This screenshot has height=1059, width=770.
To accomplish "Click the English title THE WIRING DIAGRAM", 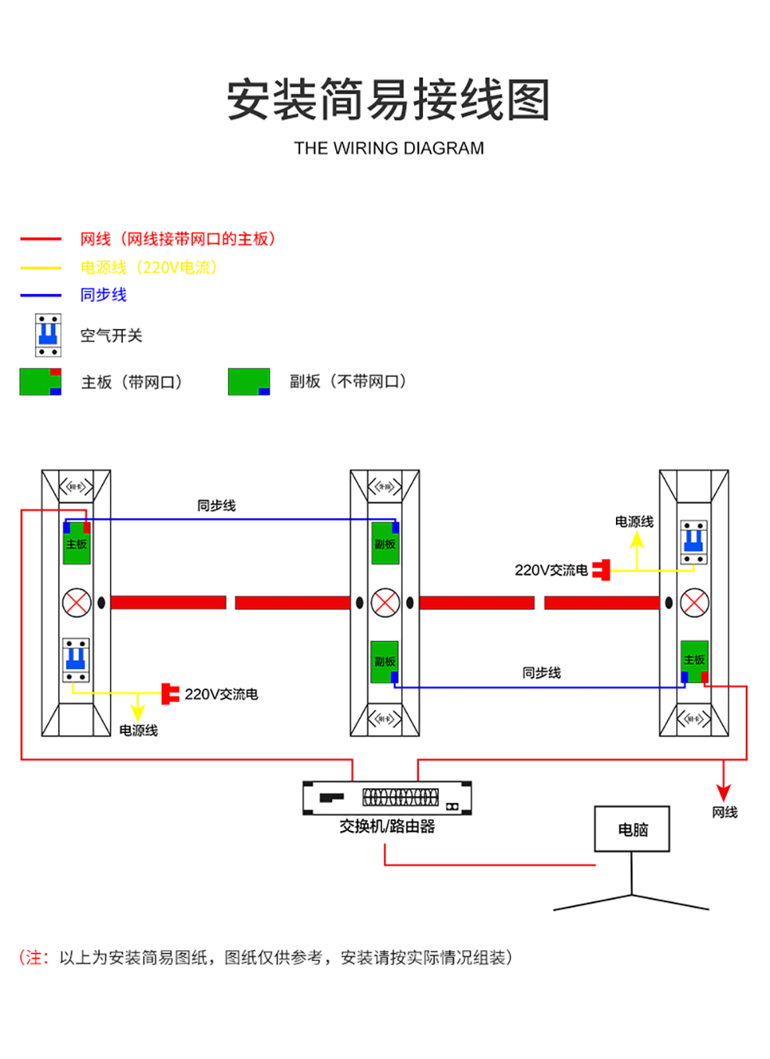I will point(389,148).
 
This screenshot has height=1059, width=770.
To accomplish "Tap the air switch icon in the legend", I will point(48,335).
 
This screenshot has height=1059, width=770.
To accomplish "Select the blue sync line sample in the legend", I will point(40,295).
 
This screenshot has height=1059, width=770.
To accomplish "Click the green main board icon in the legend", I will point(40,381).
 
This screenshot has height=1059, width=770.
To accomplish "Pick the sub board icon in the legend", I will point(249,381).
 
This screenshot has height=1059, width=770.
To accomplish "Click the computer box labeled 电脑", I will point(632,829).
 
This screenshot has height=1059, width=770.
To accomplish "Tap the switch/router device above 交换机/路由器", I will point(387,798).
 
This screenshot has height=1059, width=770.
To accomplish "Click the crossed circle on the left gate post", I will point(76,602).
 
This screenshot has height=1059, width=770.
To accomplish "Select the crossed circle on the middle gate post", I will point(385,602).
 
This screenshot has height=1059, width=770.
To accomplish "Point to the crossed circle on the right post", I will point(694,602).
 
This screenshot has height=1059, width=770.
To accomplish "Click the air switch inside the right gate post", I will point(694,542).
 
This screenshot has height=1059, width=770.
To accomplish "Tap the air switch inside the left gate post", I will point(76,660).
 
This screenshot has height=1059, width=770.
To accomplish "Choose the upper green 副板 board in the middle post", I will point(385,544).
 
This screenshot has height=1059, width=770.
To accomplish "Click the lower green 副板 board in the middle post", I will point(384,661).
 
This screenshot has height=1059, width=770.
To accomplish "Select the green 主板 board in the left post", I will point(76,544).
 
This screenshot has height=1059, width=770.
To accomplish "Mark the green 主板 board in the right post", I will point(694,660).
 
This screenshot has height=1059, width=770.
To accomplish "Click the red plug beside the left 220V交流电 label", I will point(170,693).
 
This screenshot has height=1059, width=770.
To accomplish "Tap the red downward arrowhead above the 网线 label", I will point(723,793).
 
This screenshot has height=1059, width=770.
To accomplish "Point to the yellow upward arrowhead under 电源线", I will point(637,539).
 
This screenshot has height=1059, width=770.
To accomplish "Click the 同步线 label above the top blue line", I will point(216,506).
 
